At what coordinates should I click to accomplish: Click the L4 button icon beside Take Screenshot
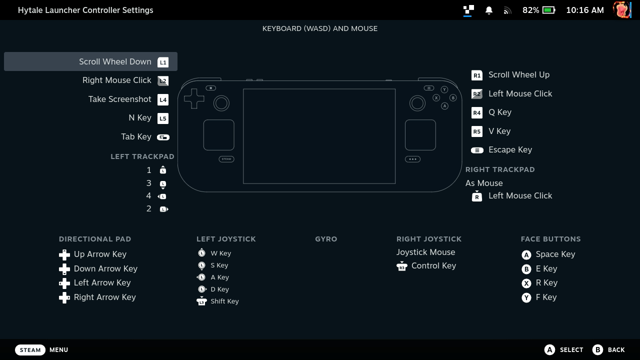click(163, 99)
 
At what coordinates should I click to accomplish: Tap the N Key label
click(140, 117)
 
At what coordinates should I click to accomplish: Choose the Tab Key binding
click(136, 136)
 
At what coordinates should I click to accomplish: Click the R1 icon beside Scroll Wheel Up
click(477, 75)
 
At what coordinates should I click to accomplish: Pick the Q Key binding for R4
click(500, 112)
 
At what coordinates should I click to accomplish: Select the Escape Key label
click(510, 149)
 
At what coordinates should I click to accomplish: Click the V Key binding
click(499, 131)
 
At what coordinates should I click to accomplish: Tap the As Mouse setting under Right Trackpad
click(484, 183)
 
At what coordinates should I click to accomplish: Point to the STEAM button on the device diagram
click(226, 159)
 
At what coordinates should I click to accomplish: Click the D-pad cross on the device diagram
click(194, 99)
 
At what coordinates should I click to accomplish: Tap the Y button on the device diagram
click(444, 89)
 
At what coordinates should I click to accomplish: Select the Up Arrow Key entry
click(100, 254)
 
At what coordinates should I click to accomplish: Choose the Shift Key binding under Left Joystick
click(224, 301)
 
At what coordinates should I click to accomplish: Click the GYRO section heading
click(326, 239)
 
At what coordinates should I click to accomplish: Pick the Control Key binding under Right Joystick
click(433, 265)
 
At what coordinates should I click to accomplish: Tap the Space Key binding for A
click(555, 254)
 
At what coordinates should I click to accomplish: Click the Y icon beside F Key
click(526, 297)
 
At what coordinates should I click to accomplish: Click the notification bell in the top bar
click(489, 10)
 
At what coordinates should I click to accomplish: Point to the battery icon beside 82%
click(549, 10)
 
